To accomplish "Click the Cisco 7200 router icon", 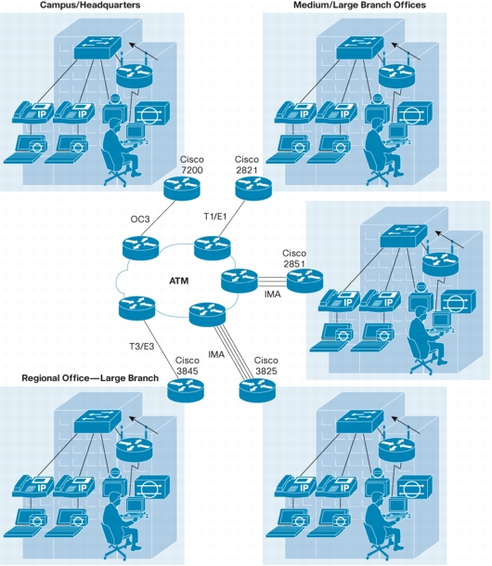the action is pyautogui.click(x=181, y=188).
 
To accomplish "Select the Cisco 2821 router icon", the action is pyautogui.click(x=253, y=188).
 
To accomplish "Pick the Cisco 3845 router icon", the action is pyautogui.click(x=186, y=389).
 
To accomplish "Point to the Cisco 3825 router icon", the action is pyautogui.click(x=257, y=389).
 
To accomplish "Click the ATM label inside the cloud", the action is pyautogui.click(x=179, y=281).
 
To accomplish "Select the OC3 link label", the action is pyautogui.click(x=140, y=219).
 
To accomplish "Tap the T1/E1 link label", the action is pyautogui.click(x=214, y=217).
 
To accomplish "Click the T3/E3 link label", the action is pyautogui.click(x=142, y=347).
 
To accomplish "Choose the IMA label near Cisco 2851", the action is pyautogui.click(x=273, y=295).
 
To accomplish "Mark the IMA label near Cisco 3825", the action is pyautogui.click(x=216, y=354).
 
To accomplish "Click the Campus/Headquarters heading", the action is pyautogui.click(x=90, y=5).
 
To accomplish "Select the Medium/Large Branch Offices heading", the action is pyautogui.click(x=360, y=5).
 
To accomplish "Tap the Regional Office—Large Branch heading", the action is pyautogui.click(x=90, y=378).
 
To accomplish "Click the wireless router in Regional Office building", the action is pyautogui.click(x=134, y=447).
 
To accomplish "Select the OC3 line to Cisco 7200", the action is pyautogui.click(x=158, y=219).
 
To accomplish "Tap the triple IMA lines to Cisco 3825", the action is pyautogui.click(x=232, y=352).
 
